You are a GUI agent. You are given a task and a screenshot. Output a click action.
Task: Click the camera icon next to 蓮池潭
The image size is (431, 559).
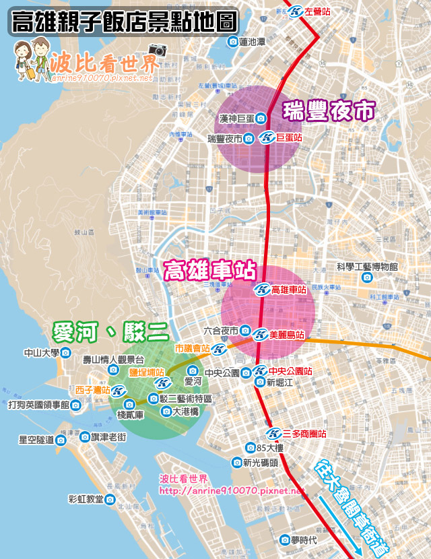pos(233,42)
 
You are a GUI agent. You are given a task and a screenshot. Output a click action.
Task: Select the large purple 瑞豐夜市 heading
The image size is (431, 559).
pos(328,111)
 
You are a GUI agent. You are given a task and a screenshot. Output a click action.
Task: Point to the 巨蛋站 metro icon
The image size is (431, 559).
pos(267,137)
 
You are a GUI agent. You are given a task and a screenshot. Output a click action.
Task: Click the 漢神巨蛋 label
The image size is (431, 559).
pos(229,119)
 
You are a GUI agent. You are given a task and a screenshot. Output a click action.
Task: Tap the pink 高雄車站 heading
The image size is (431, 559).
pos(210,271)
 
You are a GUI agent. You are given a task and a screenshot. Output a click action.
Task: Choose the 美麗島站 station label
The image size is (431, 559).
pos(286,334)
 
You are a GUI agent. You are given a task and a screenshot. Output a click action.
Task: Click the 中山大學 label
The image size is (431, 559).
pos(42,352)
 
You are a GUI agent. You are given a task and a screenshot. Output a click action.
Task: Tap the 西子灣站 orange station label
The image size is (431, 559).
pos(92,390)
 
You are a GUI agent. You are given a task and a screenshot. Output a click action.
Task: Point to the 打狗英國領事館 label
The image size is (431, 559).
pos(39,405)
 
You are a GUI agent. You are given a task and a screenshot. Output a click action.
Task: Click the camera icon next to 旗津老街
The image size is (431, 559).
pos(85,437)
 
